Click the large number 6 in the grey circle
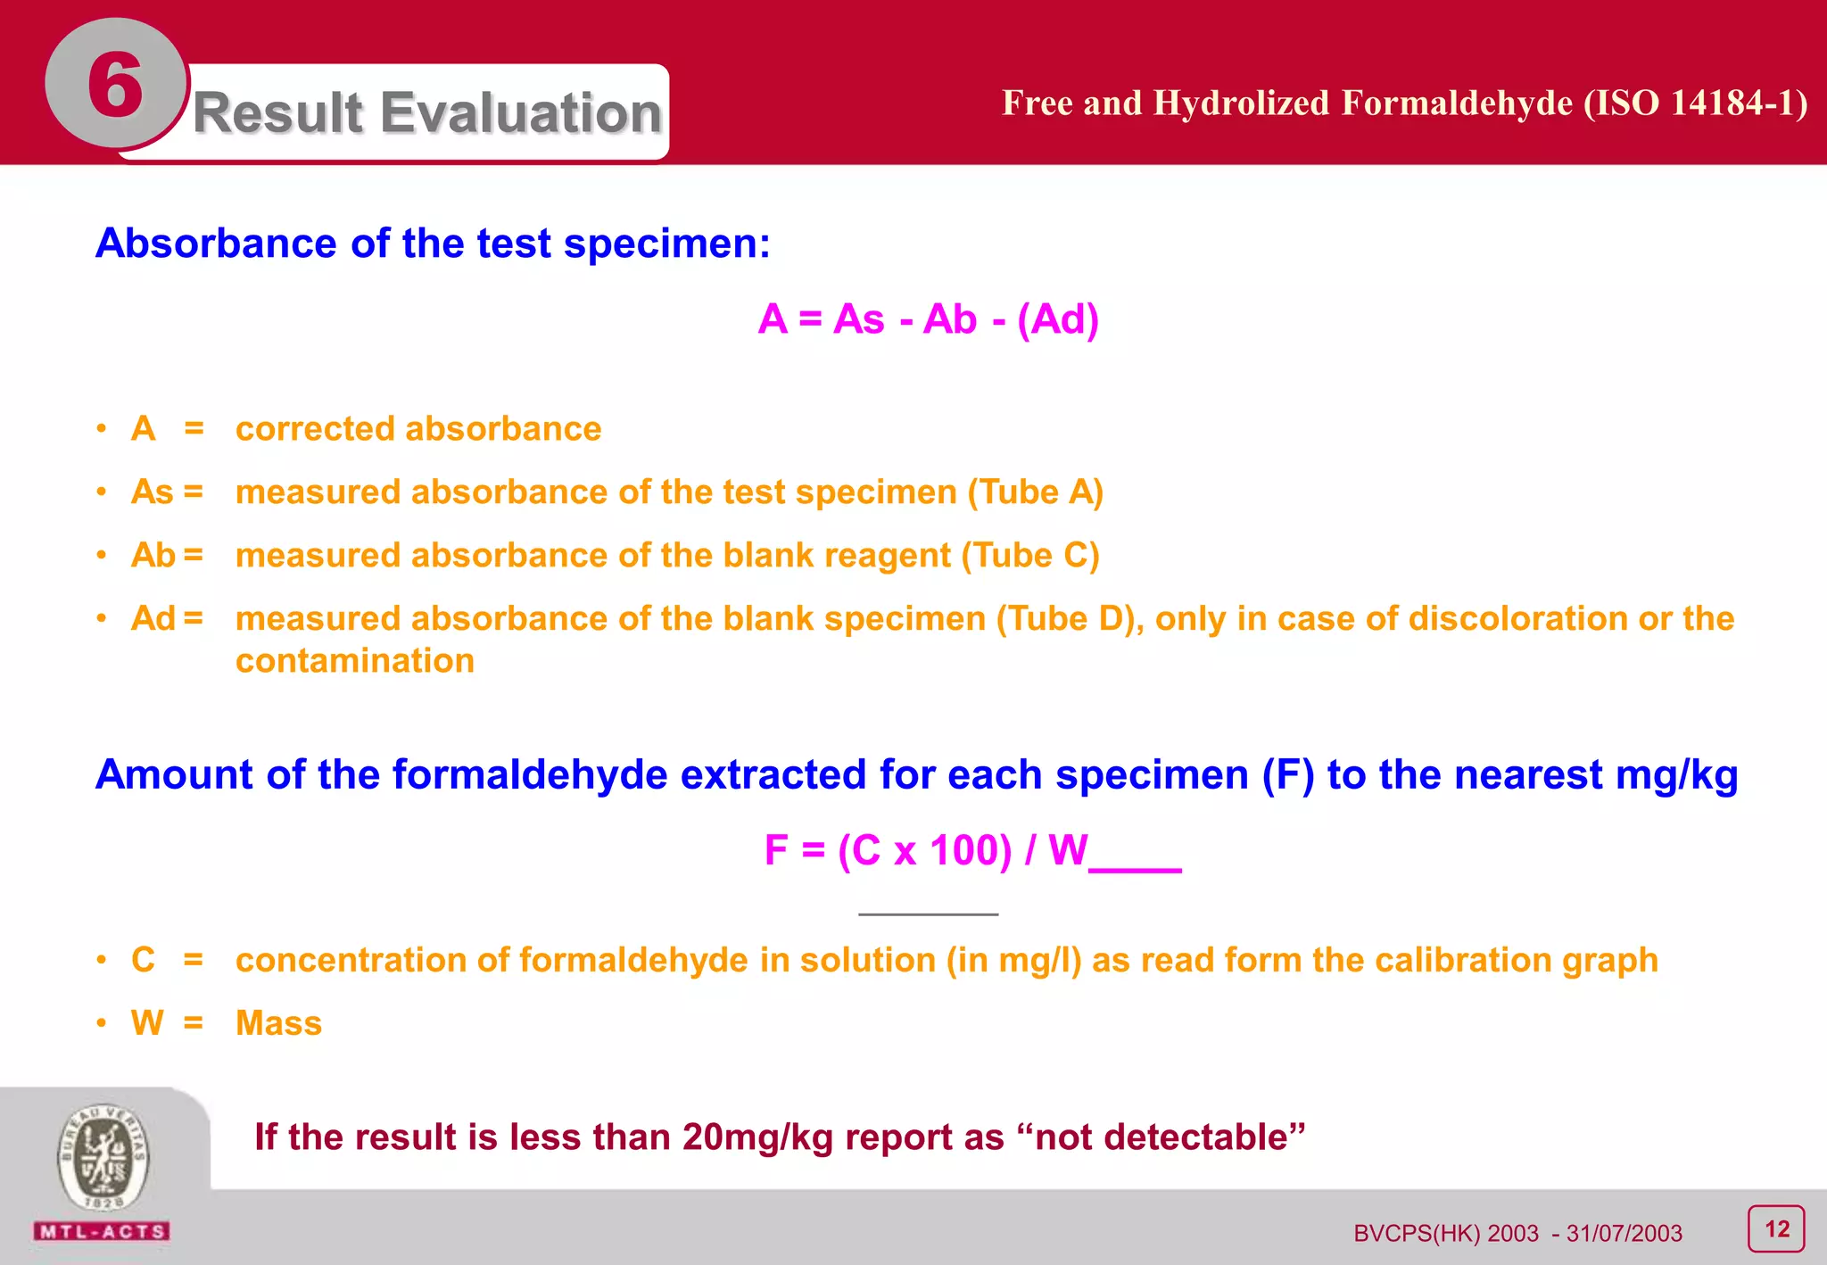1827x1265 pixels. [x=115, y=85]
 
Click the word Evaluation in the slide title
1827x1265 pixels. [x=523, y=113]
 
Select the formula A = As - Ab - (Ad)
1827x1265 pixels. [x=928, y=319]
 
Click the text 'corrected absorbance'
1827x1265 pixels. [x=417, y=429]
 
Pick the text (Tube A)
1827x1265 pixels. [x=1036, y=492]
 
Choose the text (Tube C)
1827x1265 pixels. [x=1030, y=556]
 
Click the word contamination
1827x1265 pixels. [x=355, y=661]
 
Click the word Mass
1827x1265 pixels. [x=278, y=1023]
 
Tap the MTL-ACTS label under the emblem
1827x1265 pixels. [x=102, y=1232]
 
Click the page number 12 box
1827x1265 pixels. [x=1776, y=1229]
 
